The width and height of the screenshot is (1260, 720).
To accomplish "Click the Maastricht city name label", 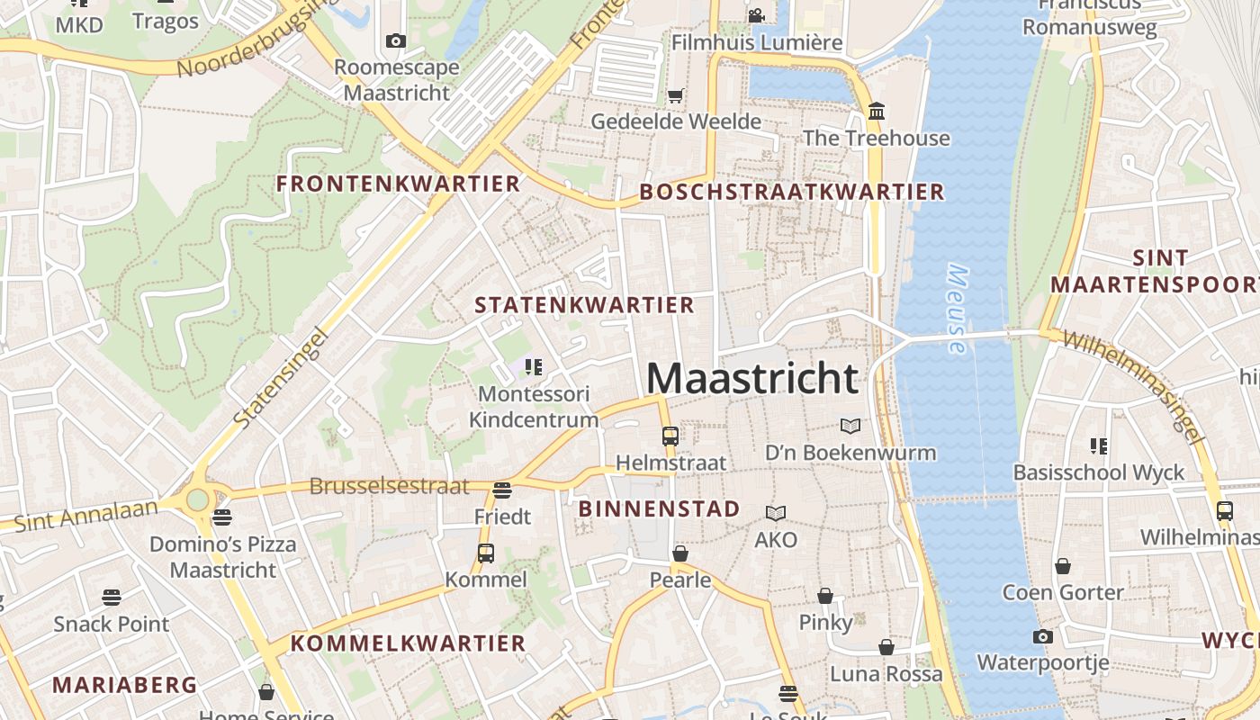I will pos(752,379).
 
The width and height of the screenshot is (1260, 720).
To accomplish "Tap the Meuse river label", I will pos(957,309).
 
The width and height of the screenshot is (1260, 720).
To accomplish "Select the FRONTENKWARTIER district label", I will pos(398,184).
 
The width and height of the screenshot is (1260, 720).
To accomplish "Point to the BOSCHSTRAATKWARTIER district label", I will pos(792,192).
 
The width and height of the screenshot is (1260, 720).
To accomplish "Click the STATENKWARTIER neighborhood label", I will pos(584,305).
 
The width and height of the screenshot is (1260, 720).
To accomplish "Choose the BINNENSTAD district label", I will pos(659,508).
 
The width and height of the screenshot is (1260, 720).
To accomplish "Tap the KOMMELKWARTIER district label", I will pos(408,643).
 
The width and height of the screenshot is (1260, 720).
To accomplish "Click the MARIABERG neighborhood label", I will pos(124,685).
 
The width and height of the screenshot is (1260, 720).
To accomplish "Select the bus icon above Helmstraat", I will pos(670,436).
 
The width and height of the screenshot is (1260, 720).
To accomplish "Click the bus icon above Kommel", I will pos(486,553).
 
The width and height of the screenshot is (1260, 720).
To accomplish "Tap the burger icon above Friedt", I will pos(502,490).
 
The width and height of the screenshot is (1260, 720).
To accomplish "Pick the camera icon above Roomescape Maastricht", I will pos(395,40).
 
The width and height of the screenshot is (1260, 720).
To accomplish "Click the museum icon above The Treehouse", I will pos(877,112).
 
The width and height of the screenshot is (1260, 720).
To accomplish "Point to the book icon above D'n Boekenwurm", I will pos(850,426).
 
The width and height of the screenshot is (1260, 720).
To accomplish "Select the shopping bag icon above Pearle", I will pos(680,553).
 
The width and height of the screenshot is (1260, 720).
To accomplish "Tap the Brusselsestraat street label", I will pos(389,487).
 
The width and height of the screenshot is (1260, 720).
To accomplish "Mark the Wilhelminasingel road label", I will pos(1133,386).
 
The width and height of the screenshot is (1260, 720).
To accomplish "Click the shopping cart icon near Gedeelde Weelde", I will pos(676,95).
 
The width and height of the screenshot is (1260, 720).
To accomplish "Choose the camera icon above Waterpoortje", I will pos(1042,637).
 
